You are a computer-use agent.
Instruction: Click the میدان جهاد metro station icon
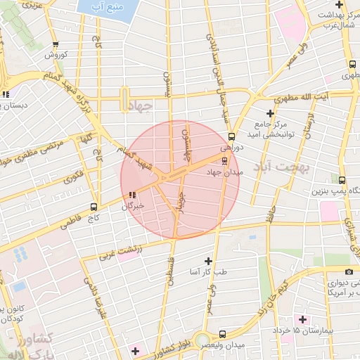(224, 160)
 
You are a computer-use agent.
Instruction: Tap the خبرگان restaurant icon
(131, 195)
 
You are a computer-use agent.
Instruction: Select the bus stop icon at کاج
(94, 207)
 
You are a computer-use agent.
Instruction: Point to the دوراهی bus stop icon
(231, 137)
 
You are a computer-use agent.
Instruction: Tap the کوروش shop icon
(56, 44)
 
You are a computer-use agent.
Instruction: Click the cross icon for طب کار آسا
(207, 261)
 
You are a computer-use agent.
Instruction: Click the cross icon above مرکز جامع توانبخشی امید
(270, 113)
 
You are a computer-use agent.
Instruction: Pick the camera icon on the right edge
(349, 272)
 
